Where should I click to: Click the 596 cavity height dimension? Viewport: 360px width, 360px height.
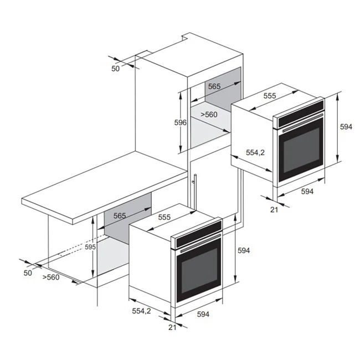click(x=180, y=123)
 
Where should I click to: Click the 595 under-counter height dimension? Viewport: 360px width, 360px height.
click(x=90, y=247)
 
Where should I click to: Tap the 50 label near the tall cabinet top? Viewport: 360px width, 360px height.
click(x=116, y=69)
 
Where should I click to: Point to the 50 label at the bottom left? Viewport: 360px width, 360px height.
click(x=28, y=273)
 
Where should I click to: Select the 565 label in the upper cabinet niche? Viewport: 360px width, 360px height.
click(x=214, y=86)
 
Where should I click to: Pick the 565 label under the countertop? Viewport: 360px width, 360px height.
click(x=120, y=216)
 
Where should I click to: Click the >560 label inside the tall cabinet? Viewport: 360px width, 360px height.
click(x=209, y=114)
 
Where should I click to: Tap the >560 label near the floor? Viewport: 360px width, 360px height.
click(x=51, y=277)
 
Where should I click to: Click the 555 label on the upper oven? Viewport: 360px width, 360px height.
click(x=270, y=96)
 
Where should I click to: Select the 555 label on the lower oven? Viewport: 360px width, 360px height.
click(x=164, y=217)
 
